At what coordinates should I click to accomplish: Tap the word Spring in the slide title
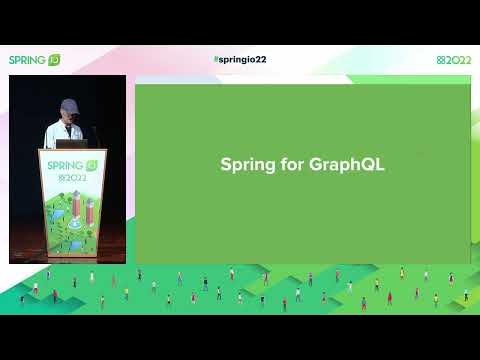244,165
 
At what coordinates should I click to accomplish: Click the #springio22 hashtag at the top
240,60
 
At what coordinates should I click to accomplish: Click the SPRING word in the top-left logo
27,60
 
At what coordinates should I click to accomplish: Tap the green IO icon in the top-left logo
54,60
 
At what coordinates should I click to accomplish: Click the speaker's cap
68,105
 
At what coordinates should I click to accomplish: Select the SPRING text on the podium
63,165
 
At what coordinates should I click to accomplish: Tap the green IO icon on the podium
91,165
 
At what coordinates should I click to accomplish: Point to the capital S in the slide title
226,165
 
